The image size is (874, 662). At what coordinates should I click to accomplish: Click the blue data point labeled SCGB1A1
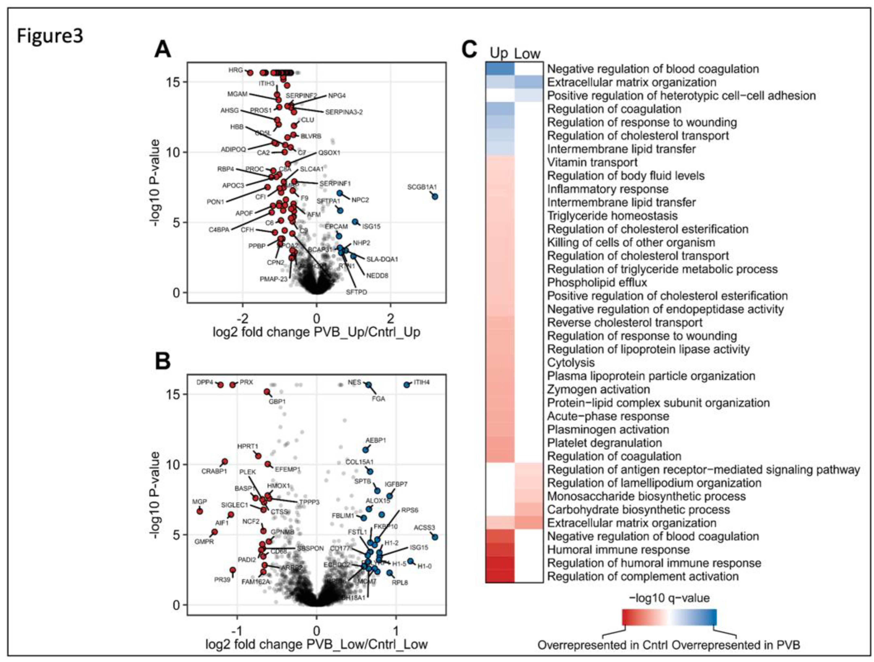pyautogui.click(x=435, y=196)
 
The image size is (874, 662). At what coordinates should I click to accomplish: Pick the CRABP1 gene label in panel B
pyautogui.click(x=214, y=471)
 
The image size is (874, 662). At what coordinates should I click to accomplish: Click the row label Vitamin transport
pyautogui.click(x=592, y=162)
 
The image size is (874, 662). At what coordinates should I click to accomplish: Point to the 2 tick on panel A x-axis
pyautogui.click(x=390, y=318)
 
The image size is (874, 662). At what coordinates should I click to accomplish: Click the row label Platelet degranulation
pyautogui.click(x=604, y=443)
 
